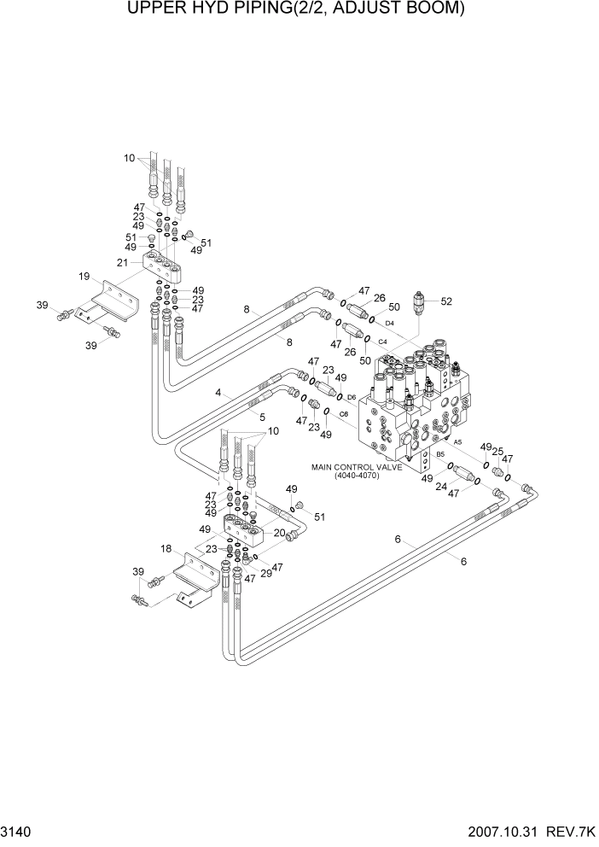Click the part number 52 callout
coord(446,301)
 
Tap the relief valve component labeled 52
coord(419,303)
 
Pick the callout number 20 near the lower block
coord(279,533)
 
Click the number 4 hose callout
coord(218,393)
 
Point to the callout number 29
coord(265,573)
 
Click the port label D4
coord(389,323)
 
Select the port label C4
coord(383,342)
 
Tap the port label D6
coord(352,397)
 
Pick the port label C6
coord(344,414)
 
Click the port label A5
coord(457,441)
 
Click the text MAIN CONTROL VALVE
coord(357,467)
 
